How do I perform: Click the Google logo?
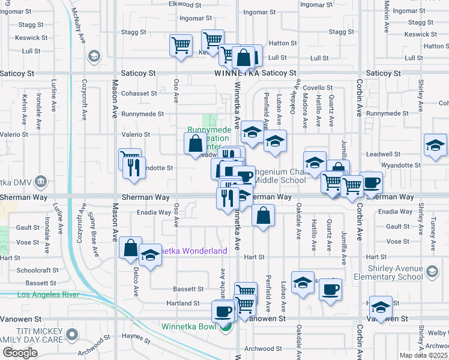pos(20,353)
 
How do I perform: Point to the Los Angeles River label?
pos(49,295)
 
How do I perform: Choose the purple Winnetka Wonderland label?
pos(189,251)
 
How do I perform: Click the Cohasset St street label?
pos(139,93)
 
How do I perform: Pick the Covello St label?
pos(318,88)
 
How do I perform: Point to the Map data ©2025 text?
pos(424,355)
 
